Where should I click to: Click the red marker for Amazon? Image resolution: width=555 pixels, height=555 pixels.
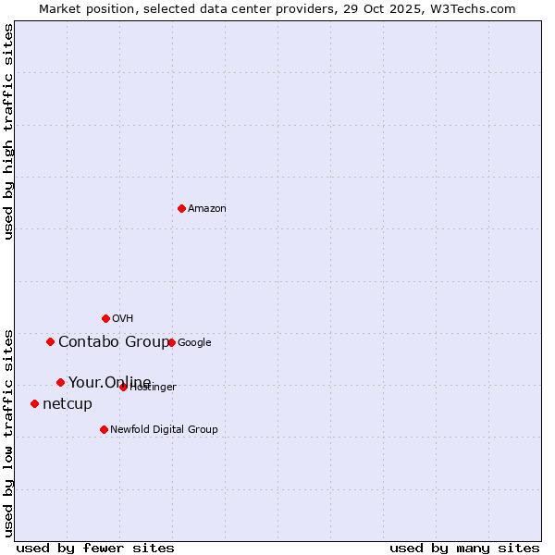tap(181, 208)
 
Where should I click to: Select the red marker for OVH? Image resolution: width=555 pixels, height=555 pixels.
tap(105, 318)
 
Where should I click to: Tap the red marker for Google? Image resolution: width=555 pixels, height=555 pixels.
tap(171, 342)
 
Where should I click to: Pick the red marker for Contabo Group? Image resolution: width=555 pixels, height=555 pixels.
tap(50, 341)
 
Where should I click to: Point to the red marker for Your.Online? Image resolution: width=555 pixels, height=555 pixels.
tap(60, 382)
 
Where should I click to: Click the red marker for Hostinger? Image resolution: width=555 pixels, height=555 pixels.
tap(123, 387)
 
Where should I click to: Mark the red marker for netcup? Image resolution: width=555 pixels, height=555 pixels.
tap(34, 403)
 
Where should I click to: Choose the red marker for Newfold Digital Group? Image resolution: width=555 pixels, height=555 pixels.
tap(104, 429)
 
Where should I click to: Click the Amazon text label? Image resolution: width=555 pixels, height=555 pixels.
tap(207, 209)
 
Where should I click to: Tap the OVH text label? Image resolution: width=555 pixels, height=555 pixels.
tap(123, 319)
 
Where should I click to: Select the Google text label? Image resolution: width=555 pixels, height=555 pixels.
tap(194, 343)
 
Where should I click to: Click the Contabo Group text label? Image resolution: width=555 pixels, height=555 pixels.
tap(114, 342)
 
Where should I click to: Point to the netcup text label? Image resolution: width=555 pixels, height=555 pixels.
tap(68, 404)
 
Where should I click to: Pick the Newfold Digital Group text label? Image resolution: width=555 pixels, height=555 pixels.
tap(164, 430)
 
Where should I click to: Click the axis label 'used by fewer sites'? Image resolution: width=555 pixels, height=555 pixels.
tap(95, 548)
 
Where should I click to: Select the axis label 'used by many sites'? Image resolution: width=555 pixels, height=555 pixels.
tap(464, 548)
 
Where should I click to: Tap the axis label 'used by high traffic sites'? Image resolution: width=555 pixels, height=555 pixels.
tap(9, 131)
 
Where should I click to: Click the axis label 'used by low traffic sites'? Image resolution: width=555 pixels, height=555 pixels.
tap(9, 433)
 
